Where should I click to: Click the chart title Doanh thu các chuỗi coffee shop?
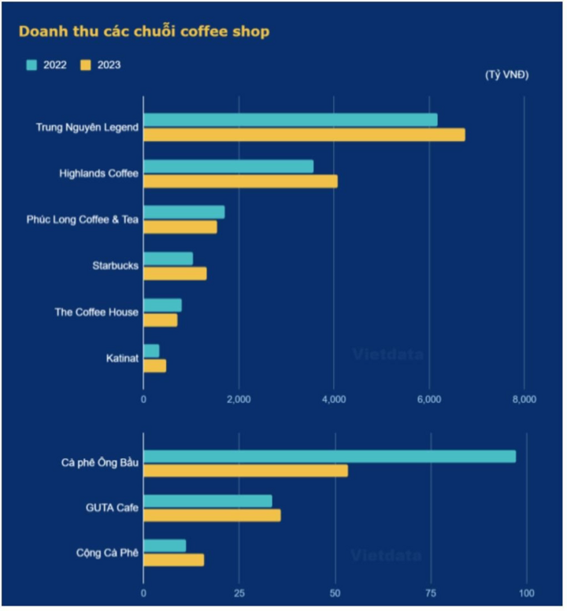pos(144,31)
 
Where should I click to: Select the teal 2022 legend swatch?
pos(31,65)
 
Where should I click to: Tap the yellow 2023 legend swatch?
pos(86,65)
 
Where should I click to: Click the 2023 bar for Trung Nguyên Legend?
pos(304,135)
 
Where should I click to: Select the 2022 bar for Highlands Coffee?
pos(228,166)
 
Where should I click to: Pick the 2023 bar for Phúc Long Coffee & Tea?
pos(180,227)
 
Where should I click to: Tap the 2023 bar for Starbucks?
pos(175,273)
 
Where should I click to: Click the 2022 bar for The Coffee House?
pos(162,305)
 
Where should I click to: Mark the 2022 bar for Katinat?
pos(151,350)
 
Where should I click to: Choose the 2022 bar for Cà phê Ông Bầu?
pos(329,457)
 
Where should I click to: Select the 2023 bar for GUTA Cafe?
pos(212,515)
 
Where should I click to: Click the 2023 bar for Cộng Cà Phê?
pos(173,560)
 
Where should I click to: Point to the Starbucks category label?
pos(115,266)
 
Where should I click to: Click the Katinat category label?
pos(122,358)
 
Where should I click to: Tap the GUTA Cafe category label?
pos(113,508)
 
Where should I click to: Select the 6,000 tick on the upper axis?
pos(429,400)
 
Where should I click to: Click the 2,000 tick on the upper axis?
pos(239,400)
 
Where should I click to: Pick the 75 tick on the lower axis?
pos(431,593)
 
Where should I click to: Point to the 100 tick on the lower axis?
pos(527,593)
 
